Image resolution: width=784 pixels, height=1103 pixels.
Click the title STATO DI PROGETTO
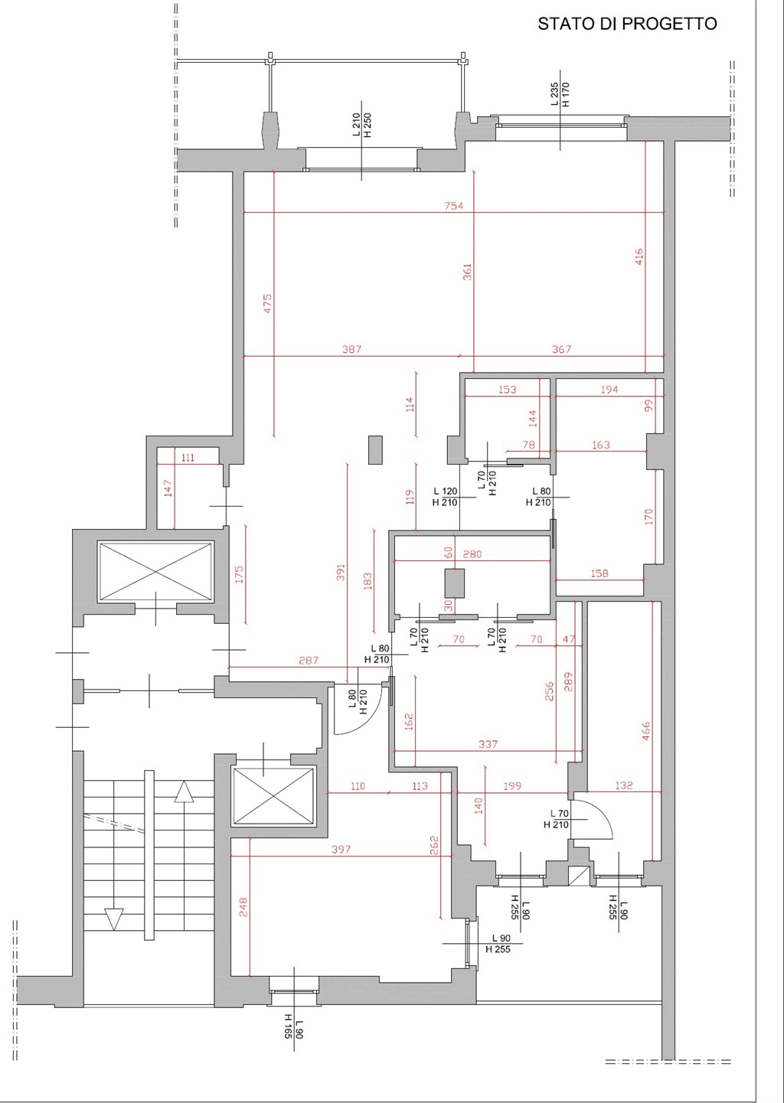(x=627, y=24)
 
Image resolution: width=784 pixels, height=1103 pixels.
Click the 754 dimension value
(x=453, y=206)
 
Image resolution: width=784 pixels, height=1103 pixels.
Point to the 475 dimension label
(x=267, y=304)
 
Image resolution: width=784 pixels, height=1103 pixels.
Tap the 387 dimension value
(x=351, y=349)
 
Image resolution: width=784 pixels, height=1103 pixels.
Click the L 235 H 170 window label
(x=560, y=95)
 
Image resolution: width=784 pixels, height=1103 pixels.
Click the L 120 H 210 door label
(x=445, y=497)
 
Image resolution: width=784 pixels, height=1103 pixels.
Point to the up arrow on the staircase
(x=185, y=791)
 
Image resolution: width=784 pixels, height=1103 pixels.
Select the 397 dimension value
(x=341, y=850)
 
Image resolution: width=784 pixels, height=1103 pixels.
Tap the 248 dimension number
(x=243, y=908)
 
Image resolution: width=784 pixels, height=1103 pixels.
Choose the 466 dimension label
(x=646, y=731)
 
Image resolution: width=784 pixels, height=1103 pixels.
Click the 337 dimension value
(x=488, y=744)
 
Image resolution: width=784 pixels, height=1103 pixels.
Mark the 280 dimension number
(x=472, y=554)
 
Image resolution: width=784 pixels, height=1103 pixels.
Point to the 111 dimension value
(x=188, y=458)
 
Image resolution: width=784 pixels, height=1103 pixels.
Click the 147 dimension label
(x=169, y=488)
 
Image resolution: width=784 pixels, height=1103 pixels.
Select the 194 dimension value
(x=609, y=390)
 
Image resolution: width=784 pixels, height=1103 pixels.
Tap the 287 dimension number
(x=309, y=661)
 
